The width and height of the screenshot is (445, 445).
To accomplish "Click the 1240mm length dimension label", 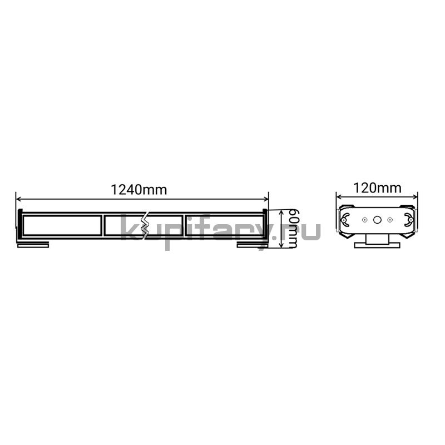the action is pos(139,190).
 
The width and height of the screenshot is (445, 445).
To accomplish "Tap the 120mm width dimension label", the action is pos(377,188).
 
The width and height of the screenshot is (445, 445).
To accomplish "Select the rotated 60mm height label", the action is pos(293,229).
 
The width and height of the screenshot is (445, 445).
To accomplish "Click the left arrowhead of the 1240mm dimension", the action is pos(19,199).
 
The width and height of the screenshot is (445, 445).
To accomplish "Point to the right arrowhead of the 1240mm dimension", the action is pos(266,199).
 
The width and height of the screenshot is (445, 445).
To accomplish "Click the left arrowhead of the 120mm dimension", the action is pos(339,196).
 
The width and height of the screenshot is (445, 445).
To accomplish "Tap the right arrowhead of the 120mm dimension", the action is pos(415,196).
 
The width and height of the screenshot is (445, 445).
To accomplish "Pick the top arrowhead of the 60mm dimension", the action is pos(281,212).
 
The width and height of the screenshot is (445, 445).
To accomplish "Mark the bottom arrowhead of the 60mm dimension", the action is pos(281,245).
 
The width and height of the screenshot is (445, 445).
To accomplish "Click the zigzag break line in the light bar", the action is pos(146,226).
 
